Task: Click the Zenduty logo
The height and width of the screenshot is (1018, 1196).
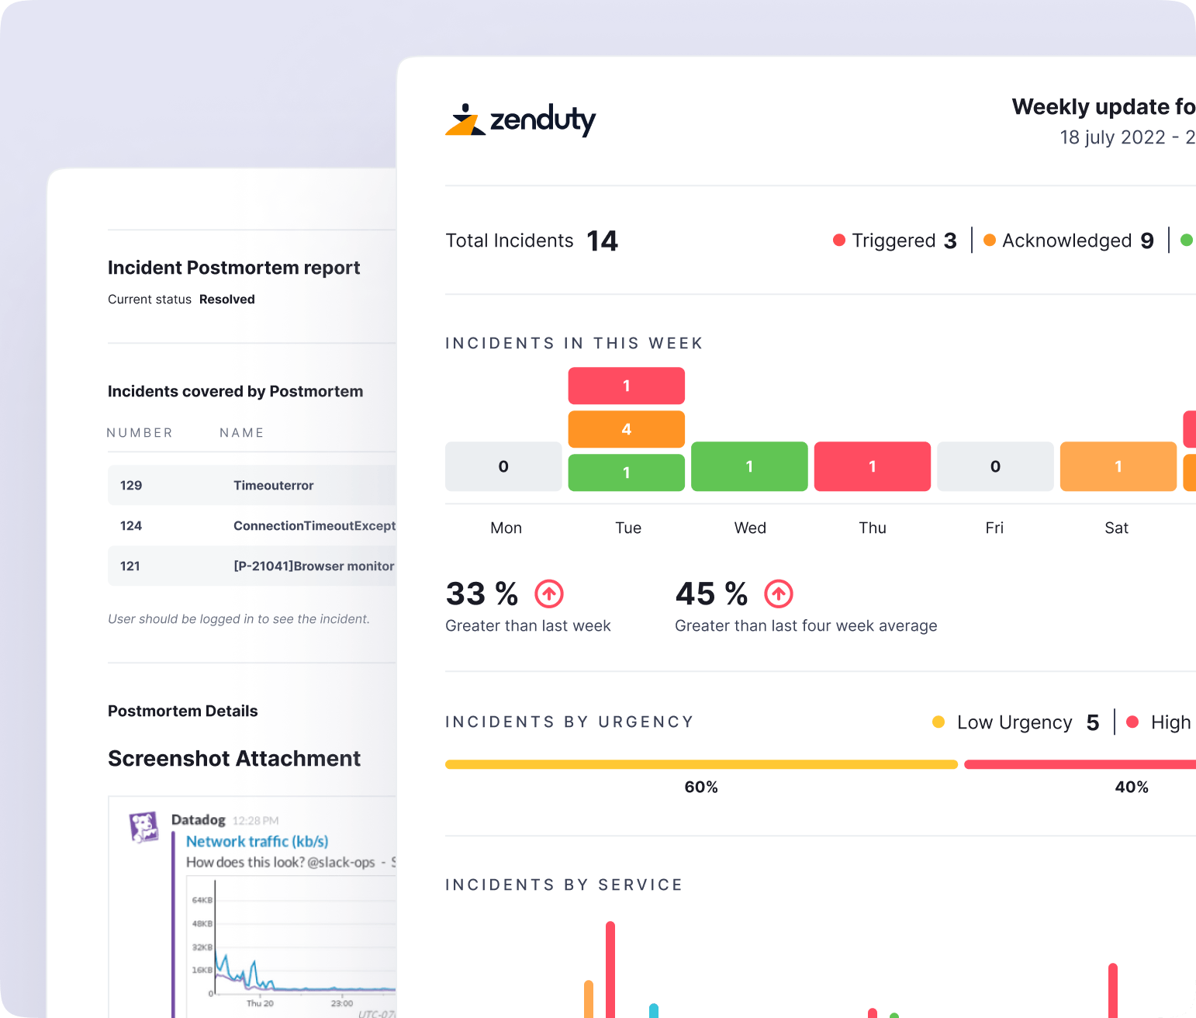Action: click(520, 120)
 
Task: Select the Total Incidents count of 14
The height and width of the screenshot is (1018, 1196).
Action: click(602, 241)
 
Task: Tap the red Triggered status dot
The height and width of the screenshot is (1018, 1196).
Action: click(838, 241)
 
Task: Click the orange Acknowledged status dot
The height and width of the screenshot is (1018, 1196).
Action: click(989, 241)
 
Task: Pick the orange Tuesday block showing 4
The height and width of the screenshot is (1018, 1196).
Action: click(626, 429)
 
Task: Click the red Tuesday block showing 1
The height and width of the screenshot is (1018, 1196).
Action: click(626, 386)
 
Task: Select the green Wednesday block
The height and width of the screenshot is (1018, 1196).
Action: click(748, 466)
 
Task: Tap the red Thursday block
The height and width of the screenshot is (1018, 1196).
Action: click(872, 466)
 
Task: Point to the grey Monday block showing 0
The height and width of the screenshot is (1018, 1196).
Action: click(503, 466)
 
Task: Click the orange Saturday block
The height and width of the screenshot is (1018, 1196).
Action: click(1118, 466)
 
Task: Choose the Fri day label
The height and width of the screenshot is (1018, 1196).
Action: click(994, 528)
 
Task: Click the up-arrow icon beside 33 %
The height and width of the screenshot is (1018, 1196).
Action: click(549, 594)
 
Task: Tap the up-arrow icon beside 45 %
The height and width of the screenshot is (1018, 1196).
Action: click(779, 594)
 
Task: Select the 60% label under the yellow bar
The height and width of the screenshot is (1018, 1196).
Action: click(701, 787)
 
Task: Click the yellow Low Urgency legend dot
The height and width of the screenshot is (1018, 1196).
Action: click(938, 722)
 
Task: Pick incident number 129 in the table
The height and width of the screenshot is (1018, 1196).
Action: click(131, 486)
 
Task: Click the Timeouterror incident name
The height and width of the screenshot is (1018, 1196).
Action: click(274, 486)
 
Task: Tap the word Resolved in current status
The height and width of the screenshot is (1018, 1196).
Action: click(227, 300)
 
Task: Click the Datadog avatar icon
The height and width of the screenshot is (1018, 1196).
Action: click(144, 827)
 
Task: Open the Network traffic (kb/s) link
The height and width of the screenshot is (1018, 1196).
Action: click(257, 842)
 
